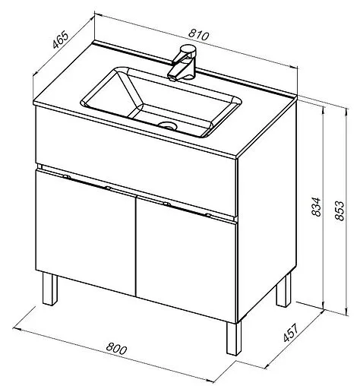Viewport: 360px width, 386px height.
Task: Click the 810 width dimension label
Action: coord(199,35)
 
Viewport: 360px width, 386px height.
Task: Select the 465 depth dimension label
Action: coord(61,40)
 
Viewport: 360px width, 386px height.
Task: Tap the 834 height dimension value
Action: coord(316,207)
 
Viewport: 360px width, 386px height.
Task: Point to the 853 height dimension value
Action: coord(339,210)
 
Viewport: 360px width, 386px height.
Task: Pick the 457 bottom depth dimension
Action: coord(290,333)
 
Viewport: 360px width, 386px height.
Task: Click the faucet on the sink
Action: coord(182,62)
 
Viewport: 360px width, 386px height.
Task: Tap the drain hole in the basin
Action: coord(167,125)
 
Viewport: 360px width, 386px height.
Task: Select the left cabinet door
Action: coord(86,233)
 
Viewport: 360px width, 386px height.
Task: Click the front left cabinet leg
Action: coord(50,289)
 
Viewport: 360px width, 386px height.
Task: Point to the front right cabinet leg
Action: coord(234,338)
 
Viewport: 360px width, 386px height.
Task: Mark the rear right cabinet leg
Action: coord(284,291)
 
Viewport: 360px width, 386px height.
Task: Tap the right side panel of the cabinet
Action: coord(267,210)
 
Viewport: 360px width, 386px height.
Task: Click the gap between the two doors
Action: coord(136,246)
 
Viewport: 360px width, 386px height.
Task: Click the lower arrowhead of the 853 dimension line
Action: coord(346,312)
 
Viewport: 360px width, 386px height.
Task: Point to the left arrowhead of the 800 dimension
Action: coord(17,329)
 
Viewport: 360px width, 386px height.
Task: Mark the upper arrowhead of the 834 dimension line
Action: coord(324,110)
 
